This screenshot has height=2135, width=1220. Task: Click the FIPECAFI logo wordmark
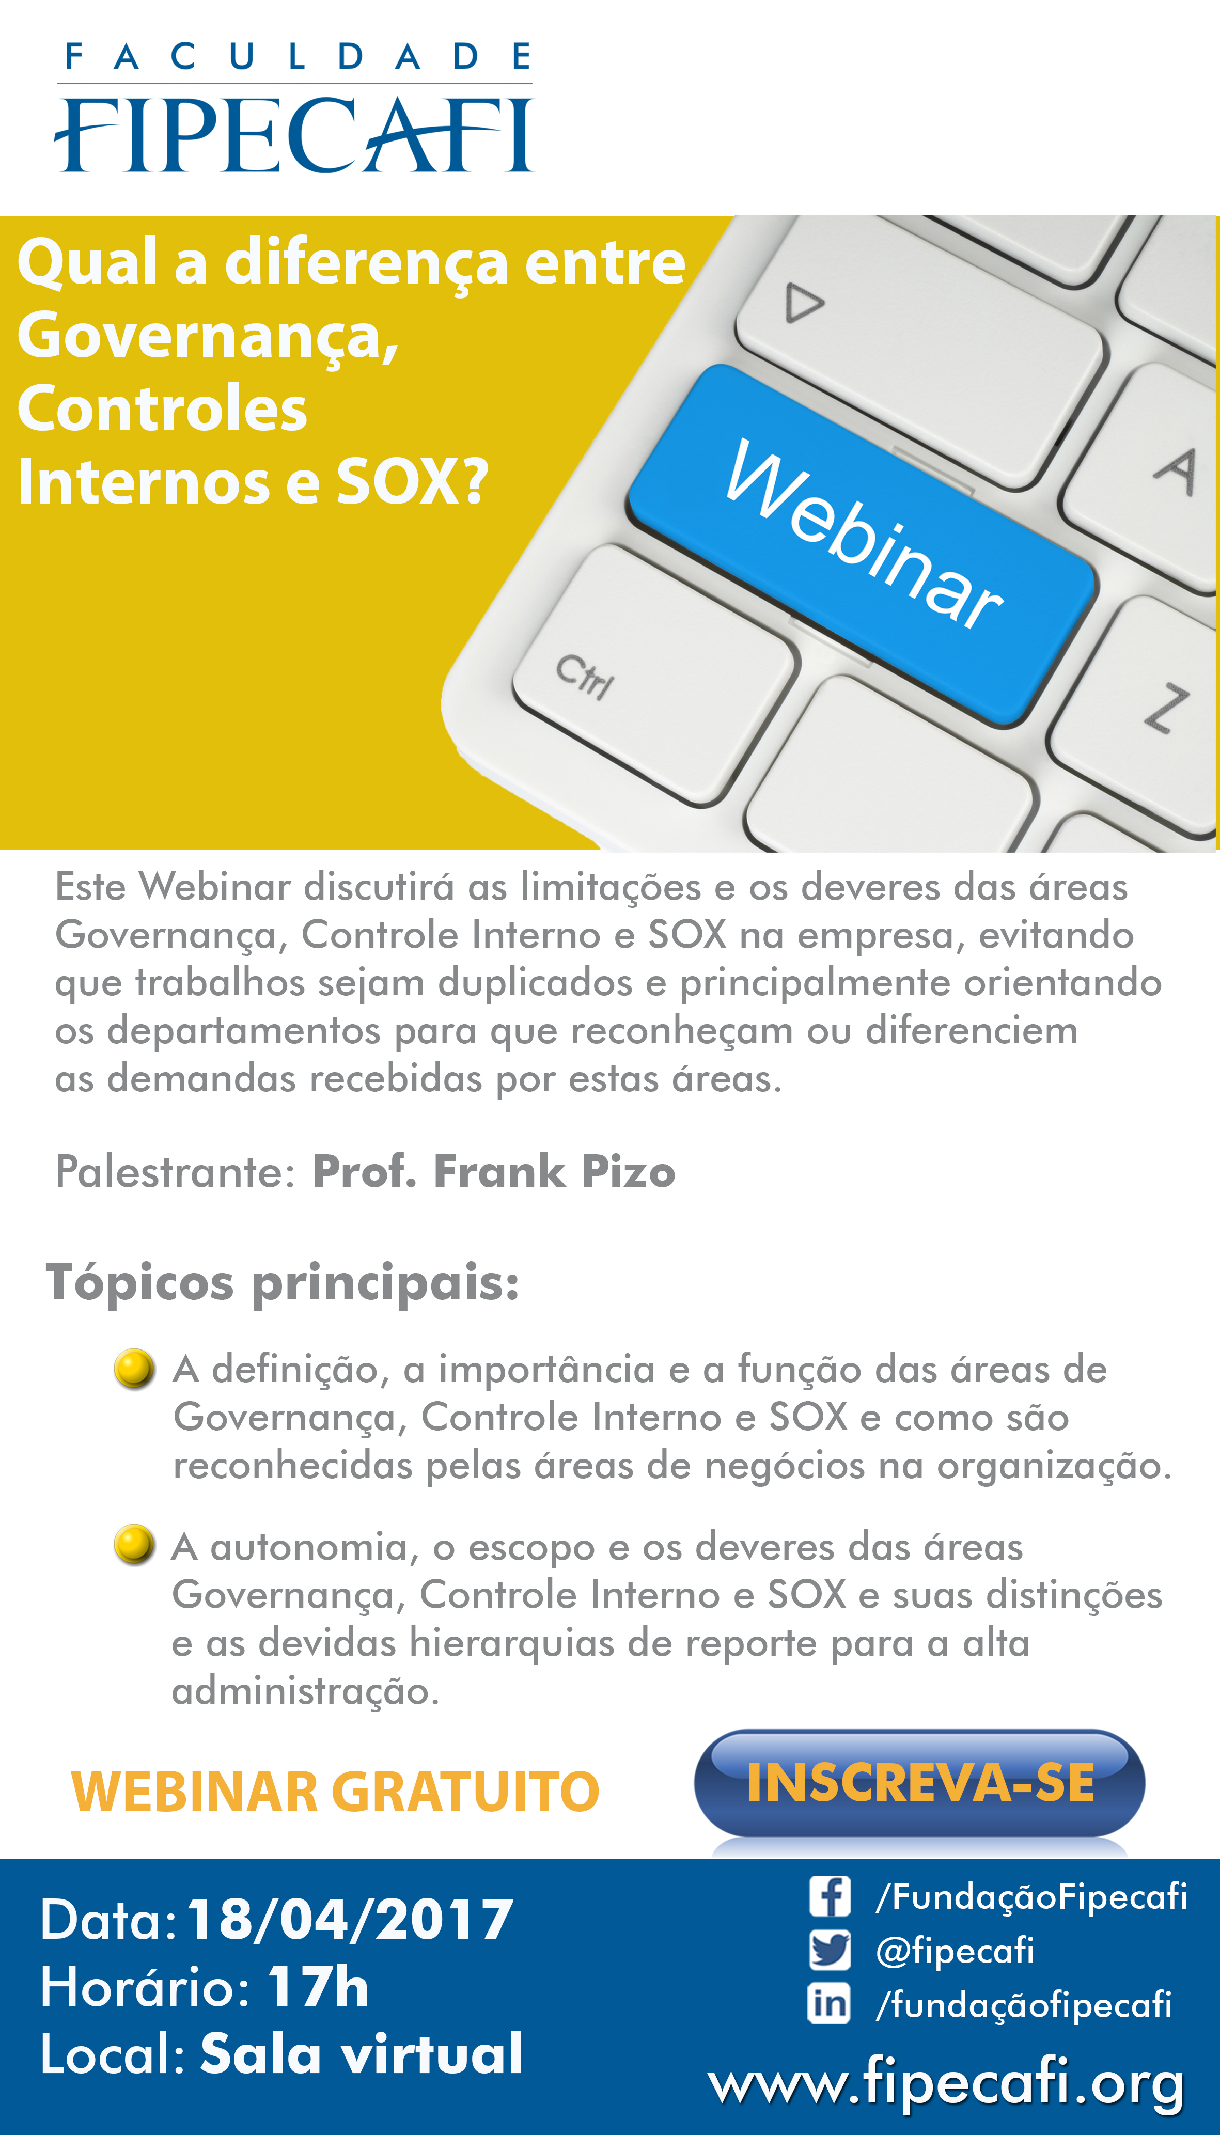[x=293, y=134]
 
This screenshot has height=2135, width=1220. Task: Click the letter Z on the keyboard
[x=1168, y=708]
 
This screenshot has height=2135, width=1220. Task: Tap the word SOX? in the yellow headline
[x=412, y=482]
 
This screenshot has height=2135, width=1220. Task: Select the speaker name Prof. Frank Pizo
[x=494, y=1170]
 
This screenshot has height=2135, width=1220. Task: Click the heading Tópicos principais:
[x=283, y=1282]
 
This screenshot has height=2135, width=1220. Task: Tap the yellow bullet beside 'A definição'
[x=134, y=1369]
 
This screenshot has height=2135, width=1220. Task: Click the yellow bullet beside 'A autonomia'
[x=134, y=1545]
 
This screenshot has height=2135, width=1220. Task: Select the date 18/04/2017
[x=350, y=1919]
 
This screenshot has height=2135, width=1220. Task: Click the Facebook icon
[x=830, y=1896]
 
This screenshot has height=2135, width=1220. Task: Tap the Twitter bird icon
[x=830, y=1950]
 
